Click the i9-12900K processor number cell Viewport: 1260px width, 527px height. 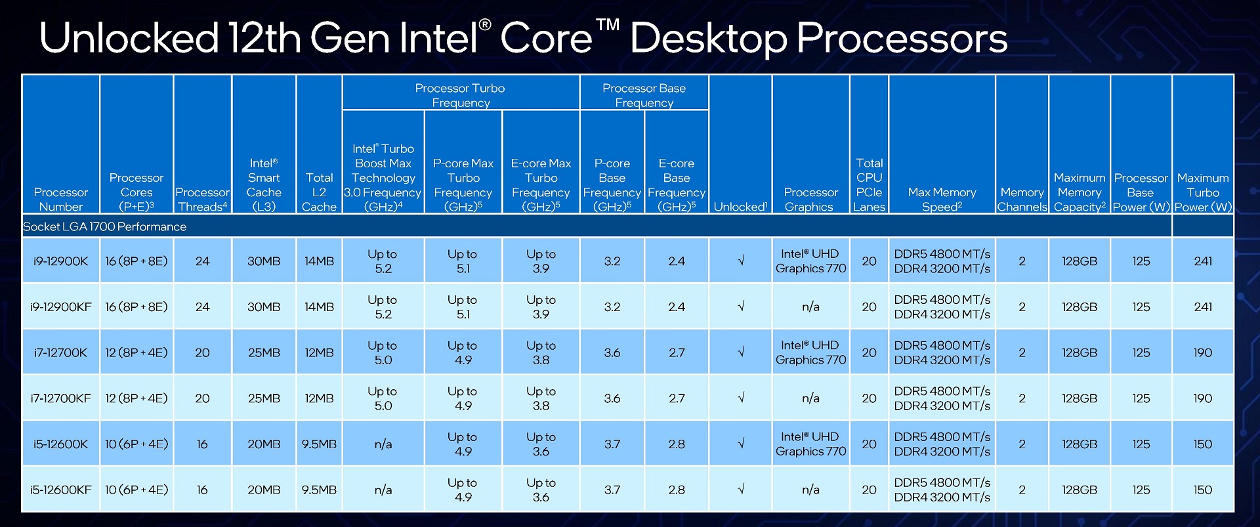point(60,261)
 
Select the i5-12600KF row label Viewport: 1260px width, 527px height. point(60,490)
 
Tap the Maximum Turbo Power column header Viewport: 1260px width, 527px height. point(1203,192)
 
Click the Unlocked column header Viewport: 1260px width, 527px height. point(740,207)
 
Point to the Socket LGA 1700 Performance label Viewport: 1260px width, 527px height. point(104,226)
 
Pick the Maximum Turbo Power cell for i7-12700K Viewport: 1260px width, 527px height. point(1203,352)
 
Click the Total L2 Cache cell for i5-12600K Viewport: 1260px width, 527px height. point(319,444)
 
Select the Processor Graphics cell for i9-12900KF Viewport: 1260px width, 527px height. point(810,306)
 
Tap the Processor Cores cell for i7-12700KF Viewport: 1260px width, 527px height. point(136,398)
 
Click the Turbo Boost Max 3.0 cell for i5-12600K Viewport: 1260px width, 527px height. point(383,444)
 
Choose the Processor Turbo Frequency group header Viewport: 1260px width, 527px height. point(460,95)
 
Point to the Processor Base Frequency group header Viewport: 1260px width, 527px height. point(644,95)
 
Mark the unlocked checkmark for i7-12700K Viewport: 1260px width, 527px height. point(741,352)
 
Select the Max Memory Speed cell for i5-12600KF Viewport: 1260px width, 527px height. point(942,490)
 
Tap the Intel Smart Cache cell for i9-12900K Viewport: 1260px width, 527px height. point(264,261)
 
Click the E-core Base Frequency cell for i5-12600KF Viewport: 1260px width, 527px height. point(677,490)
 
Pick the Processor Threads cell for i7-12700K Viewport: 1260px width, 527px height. point(202,352)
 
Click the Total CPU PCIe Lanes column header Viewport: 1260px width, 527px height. point(869,184)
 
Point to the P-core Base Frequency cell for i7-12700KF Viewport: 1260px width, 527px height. point(612,398)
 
